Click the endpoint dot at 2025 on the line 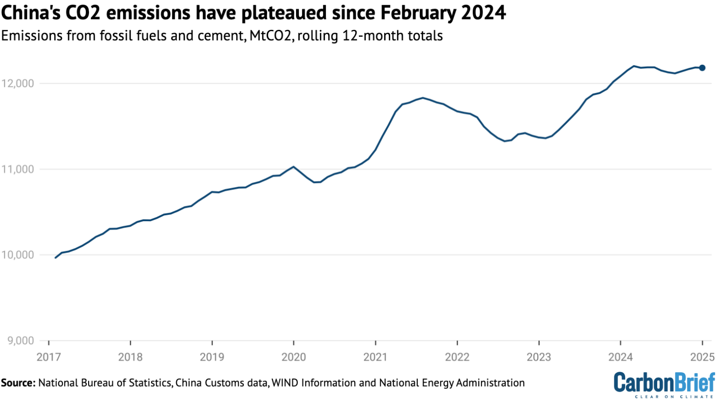[702, 68]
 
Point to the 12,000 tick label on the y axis [18, 84]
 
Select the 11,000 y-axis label [18, 170]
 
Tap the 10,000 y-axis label [18, 255]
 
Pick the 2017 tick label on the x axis [49, 357]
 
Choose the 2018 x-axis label [131, 357]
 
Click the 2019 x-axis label [212, 357]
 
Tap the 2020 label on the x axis [294, 357]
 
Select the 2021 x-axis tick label [375, 357]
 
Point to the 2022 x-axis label [457, 357]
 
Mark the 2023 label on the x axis [539, 357]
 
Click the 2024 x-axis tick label [620, 357]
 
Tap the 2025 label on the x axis [702, 357]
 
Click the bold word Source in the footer [18, 383]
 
